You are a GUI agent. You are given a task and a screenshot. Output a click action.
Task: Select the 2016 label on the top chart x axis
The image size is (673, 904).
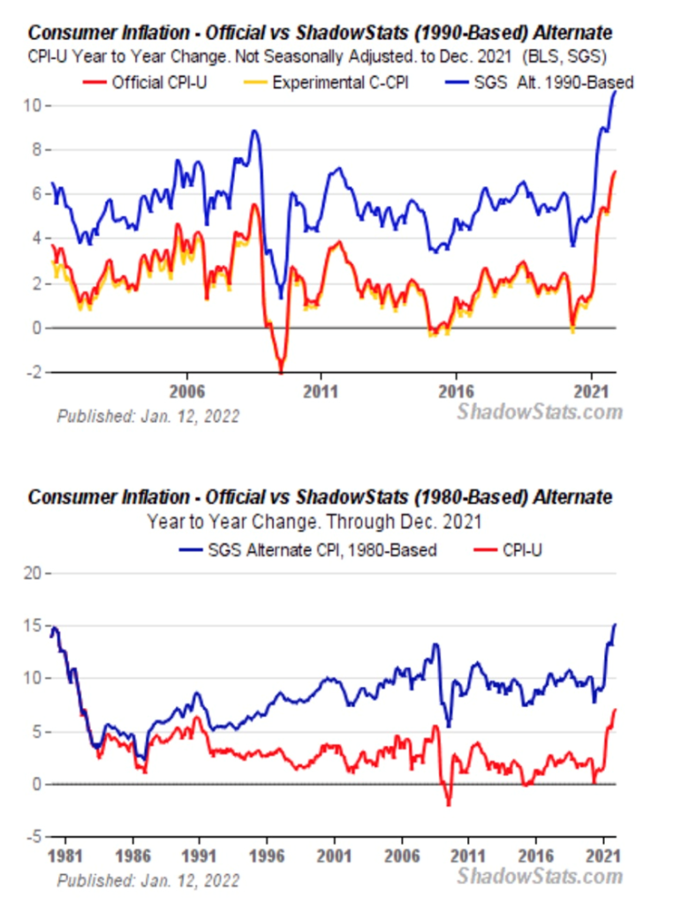point(456,390)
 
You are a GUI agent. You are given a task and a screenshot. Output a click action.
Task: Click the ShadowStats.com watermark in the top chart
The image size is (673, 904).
point(540,411)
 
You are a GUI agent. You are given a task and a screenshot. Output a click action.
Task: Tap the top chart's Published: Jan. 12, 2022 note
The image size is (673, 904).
point(148,414)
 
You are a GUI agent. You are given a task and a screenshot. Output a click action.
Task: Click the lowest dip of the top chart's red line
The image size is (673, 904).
point(281,371)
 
